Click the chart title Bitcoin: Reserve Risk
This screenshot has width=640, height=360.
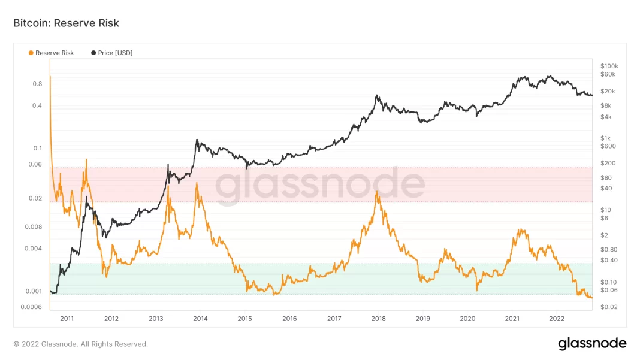(66, 23)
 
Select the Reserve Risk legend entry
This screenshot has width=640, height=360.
(54, 53)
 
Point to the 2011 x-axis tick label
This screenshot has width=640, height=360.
(67, 319)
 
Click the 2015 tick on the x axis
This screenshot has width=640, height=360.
(244, 319)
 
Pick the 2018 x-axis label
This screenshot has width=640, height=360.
(378, 319)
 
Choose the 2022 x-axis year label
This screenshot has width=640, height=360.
(557, 319)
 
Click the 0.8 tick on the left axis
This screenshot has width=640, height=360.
(37, 84)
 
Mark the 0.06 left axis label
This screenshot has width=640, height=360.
(35, 164)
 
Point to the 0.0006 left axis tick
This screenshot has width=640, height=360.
(32, 307)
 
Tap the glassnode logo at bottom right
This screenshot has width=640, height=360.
(592, 344)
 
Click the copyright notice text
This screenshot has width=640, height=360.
(80, 344)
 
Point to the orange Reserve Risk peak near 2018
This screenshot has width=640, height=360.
(376, 192)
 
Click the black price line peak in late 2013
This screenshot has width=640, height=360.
(197, 140)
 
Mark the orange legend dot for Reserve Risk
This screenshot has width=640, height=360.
(31, 53)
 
